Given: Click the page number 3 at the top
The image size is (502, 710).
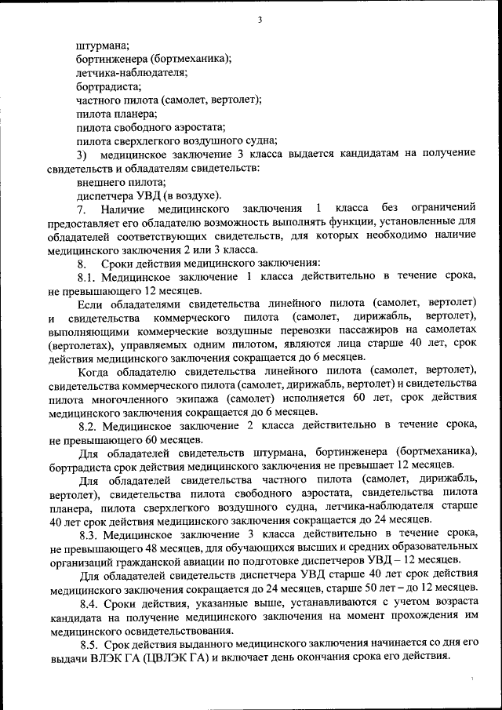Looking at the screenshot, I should click(x=259, y=20).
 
